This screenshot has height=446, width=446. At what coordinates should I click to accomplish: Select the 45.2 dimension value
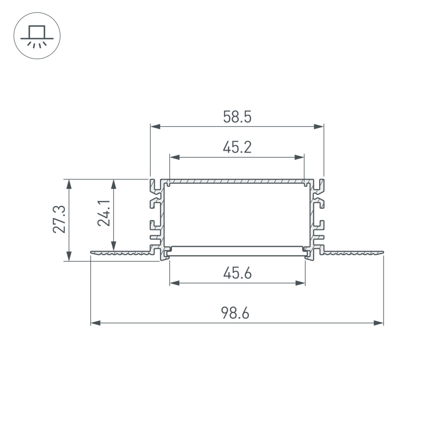click(237, 147)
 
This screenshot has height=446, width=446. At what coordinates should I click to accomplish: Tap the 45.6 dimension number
click(237, 273)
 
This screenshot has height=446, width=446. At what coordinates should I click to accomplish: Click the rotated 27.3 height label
click(59, 220)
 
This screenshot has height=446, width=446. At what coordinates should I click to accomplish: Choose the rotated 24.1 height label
click(104, 214)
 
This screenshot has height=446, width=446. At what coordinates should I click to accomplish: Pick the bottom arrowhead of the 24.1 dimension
click(114, 245)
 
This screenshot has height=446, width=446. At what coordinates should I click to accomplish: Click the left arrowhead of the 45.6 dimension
click(174, 283)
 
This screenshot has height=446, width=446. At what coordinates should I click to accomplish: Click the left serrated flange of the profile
click(121, 253)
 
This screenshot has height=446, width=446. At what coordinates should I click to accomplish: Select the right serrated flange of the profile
click(353, 253)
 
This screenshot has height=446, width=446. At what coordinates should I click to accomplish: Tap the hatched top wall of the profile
click(237, 182)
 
